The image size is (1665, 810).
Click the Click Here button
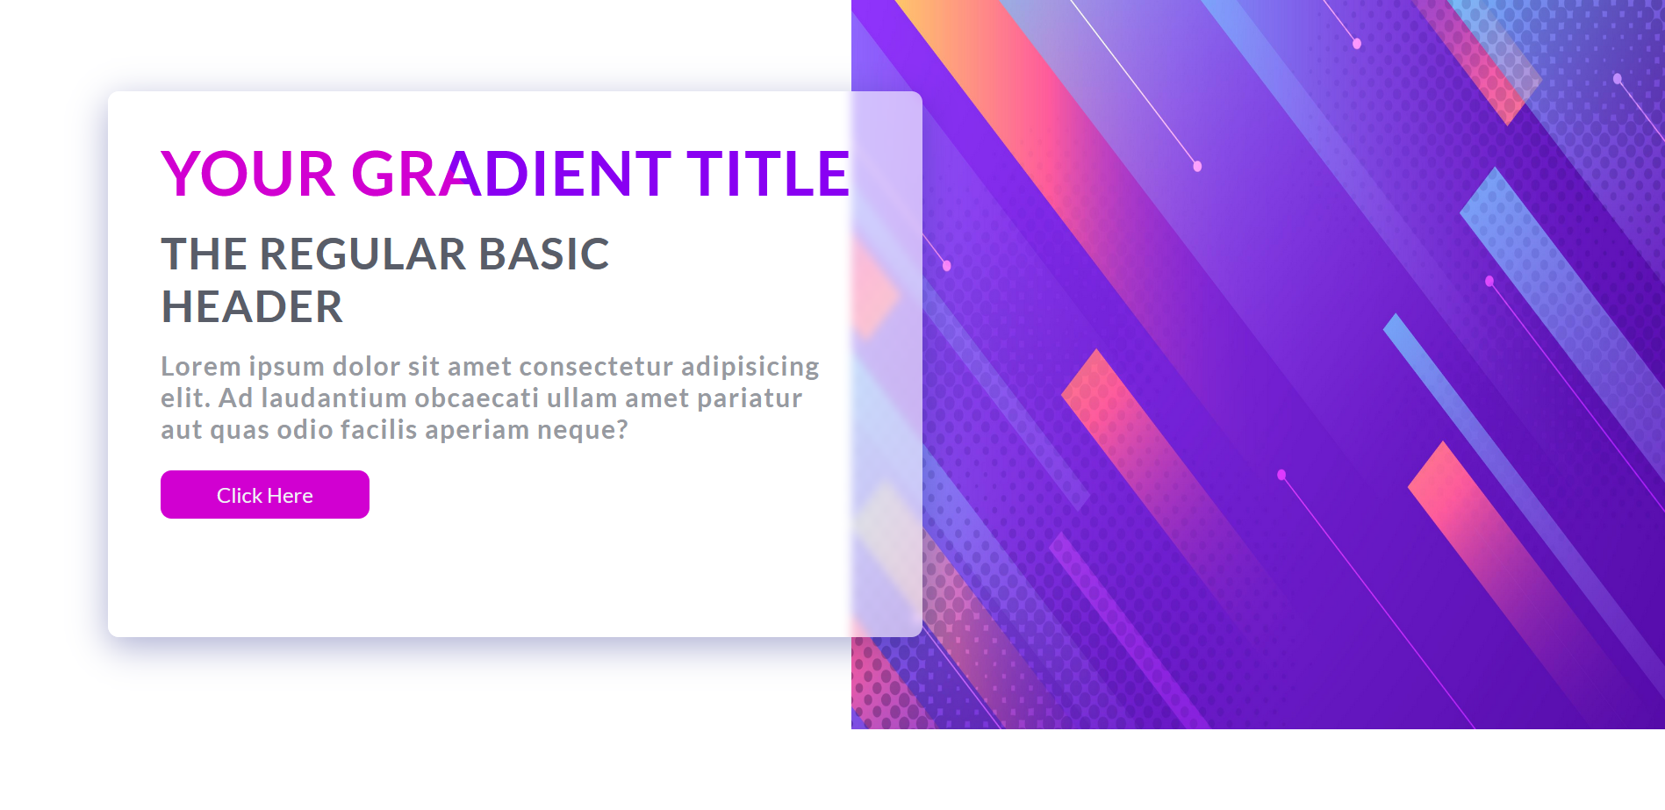click(265, 495)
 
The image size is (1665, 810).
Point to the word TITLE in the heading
click(768, 174)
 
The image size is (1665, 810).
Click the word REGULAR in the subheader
click(362, 254)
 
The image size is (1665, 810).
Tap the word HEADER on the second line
click(253, 307)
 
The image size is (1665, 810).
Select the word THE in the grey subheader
click(204, 254)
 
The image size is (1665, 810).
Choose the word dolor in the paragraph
click(364, 366)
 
